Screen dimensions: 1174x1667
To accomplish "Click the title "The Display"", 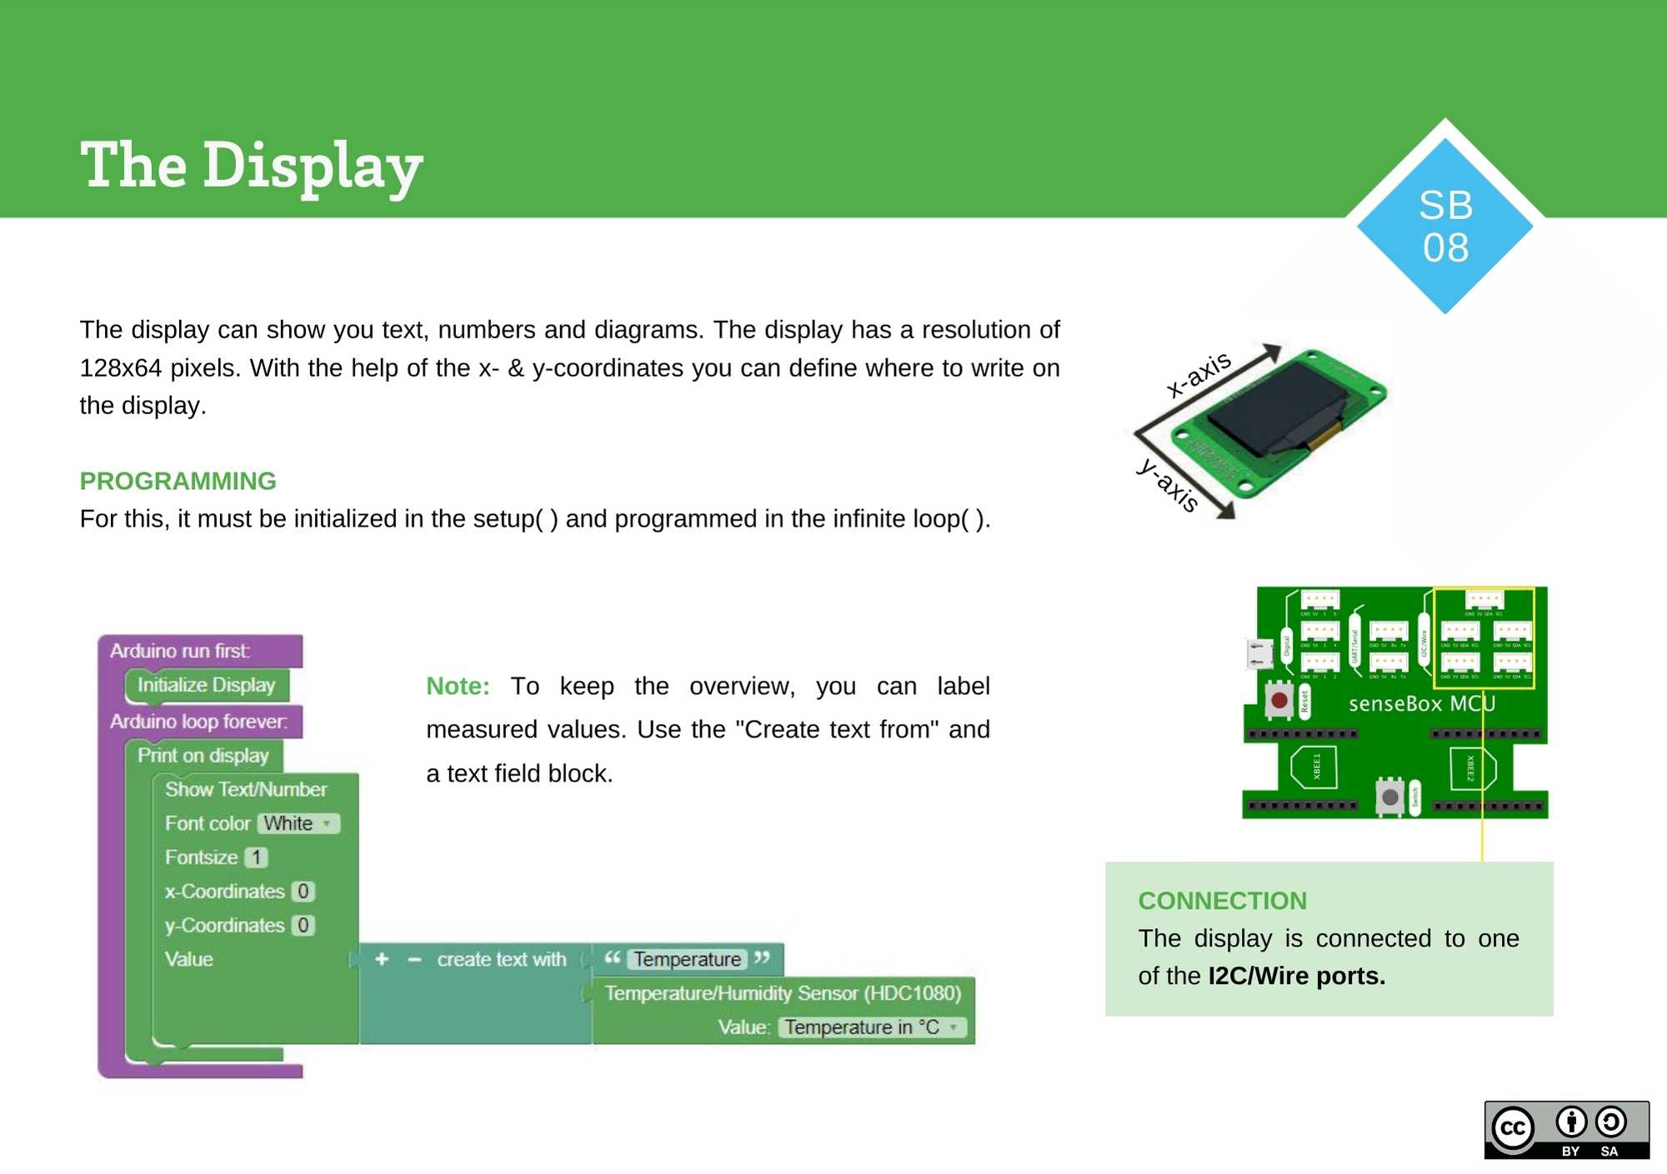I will point(251,167).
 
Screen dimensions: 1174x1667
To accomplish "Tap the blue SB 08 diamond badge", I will point(1444,226).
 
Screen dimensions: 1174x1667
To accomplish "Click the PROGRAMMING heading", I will point(178,481).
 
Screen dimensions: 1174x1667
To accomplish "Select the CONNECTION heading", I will point(1222,901).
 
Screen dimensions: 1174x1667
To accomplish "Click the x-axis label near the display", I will point(1198,374).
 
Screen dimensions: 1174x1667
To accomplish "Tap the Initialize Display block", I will point(206,685).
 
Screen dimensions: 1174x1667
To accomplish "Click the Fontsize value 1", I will point(257,857).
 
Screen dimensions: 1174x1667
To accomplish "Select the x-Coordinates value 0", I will point(303,892).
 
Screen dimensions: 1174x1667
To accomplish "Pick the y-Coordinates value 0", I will point(303,926).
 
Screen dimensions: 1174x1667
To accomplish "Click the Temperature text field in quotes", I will point(687,959).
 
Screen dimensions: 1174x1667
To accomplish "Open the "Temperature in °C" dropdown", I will point(872,1027).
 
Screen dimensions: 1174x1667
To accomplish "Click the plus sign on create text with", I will point(382,959).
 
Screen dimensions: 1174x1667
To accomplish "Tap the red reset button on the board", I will point(1279,700).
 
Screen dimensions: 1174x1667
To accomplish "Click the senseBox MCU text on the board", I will point(1421,704).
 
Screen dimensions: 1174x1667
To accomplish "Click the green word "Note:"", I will point(458,686).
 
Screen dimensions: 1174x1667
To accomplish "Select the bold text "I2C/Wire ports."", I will point(1296,976).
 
